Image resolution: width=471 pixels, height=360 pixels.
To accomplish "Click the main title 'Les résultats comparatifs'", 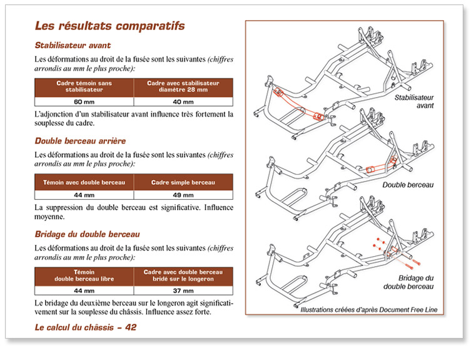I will pos(109,26).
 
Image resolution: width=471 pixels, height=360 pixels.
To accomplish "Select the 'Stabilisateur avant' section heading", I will pos(73,45).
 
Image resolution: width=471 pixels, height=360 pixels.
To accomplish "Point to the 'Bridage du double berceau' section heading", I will pos(87,234).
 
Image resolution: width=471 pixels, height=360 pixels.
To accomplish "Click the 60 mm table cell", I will pos(84,101).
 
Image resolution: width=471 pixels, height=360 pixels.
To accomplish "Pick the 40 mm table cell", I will pos(183,101).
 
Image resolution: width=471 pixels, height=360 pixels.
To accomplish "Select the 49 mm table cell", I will pos(183,195).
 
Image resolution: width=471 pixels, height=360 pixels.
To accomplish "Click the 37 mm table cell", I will pos(183,291).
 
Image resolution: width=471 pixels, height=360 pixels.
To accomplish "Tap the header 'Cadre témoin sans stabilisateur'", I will pos(84,86).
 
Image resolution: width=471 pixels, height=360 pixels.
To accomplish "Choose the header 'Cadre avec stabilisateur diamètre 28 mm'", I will pos(183,86).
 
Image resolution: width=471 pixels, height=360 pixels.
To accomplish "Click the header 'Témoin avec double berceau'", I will pos(84,182).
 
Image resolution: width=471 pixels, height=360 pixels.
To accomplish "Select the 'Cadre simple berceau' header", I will pos(183,182).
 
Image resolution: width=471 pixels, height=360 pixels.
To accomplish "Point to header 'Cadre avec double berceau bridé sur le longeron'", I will pos(183,276).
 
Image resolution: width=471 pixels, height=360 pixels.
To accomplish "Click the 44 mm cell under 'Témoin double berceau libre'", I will pos(84,291).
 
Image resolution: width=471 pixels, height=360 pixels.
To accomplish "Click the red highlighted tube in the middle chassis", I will pos(378,168).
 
